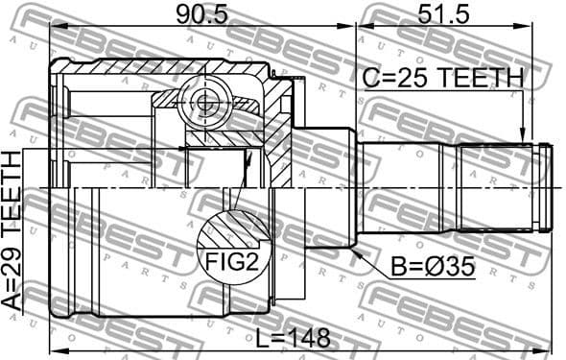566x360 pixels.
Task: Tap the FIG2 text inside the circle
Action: (229, 258)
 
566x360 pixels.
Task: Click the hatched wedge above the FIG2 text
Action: (230, 228)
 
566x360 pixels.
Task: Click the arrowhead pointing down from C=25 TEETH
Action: (523, 138)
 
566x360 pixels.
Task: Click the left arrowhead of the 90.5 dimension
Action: (54, 26)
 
